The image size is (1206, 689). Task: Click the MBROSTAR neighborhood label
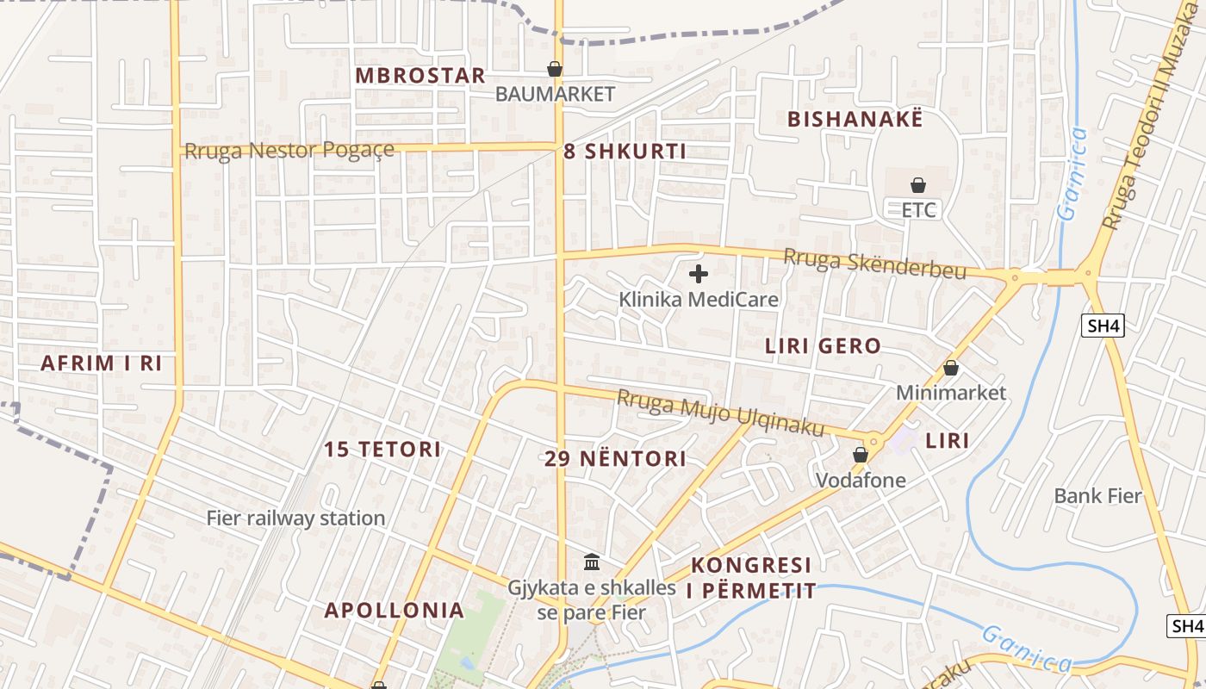click(x=420, y=76)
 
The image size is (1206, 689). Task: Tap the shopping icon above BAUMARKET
click(x=555, y=69)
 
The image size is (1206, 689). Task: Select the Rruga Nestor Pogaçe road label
click(x=289, y=151)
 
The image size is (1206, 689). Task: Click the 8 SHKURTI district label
click(x=625, y=152)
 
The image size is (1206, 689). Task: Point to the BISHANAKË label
click(x=855, y=120)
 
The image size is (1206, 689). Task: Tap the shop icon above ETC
click(x=918, y=185)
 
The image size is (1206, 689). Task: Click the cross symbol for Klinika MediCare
click(x=699, y=275)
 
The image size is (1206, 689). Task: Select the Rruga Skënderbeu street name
click(x=874, y=264)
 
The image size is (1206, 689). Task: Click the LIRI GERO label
click(x=823, y=347)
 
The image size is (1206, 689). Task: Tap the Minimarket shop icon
click(x=951, y=369)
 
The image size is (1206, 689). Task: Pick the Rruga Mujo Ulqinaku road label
click(x=720, y=413)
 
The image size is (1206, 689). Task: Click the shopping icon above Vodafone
click(x=860, y=455)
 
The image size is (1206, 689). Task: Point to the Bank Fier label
click(x=1097, y=496)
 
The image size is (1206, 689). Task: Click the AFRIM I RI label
click(x=102, y=363)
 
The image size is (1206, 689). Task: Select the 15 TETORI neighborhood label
click(x=382, y=450)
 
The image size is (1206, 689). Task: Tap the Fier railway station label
click(x=295, y=518)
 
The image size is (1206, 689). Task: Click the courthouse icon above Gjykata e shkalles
click(x=592, y=562)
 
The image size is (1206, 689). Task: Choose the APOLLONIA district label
click(x=394, y=611)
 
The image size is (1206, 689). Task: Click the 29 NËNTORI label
click(x=615, y=459)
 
